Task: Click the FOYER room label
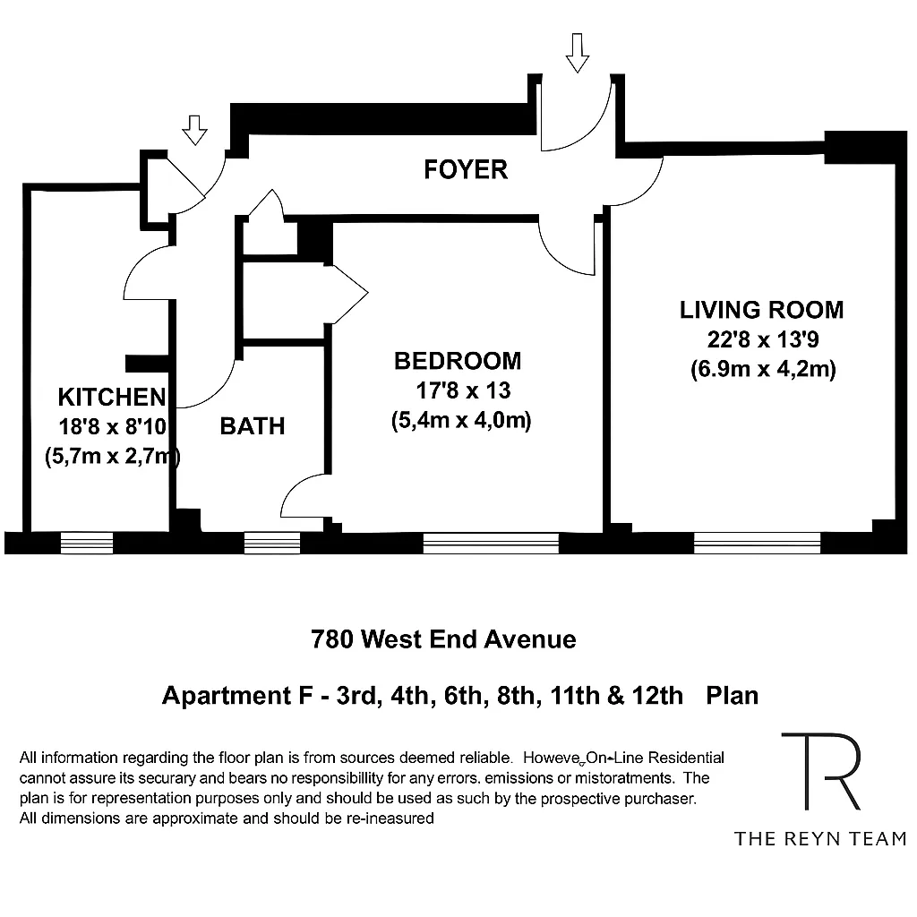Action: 466,169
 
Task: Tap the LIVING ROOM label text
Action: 761,310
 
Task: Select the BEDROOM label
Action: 458,361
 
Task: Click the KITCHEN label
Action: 111,397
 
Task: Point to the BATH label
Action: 253,426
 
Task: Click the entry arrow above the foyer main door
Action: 578,52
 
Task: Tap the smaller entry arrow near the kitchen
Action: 194,131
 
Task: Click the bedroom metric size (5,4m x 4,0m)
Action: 461,420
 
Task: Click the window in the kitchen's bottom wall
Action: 87,542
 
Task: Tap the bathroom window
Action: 272,542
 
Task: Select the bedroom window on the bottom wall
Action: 491,542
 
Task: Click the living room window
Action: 758,542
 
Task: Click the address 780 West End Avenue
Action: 443,639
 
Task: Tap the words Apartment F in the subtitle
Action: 219,695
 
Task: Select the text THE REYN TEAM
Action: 820,838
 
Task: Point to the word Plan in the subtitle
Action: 732,695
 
